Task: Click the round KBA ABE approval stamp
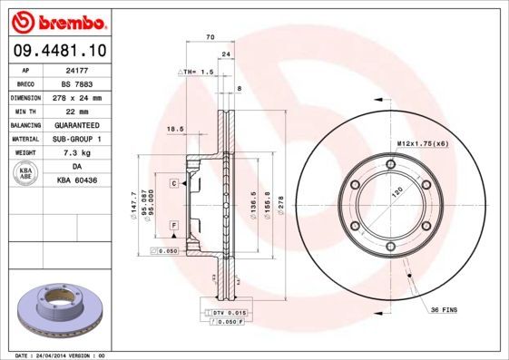(x=26, y=174)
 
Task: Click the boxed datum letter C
(x=172, y=183)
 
